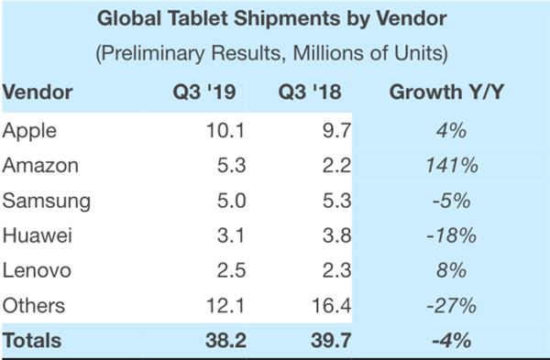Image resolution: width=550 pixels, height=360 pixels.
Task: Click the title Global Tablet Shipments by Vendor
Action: coord(273,19)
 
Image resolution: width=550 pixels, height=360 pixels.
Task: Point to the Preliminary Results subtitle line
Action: coord(272,54)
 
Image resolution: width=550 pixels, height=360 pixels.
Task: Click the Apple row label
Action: coord(29,131)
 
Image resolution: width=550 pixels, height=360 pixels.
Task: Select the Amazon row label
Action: coord(39,166)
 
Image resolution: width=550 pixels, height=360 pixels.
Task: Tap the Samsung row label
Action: coord(43,201)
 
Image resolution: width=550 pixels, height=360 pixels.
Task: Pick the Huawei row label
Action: coord(36,235)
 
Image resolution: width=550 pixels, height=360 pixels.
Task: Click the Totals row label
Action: coord(33,341)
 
